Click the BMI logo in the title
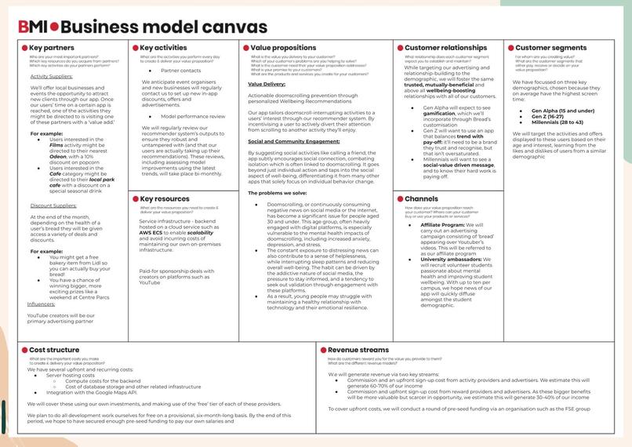pos(33,27)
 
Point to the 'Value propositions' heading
pos(283,48)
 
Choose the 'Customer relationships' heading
pos(445,48)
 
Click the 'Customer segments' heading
pos(550,48)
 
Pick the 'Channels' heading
pos(421,199)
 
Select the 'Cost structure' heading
pos(54,350)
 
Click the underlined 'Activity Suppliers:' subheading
pos(51,76)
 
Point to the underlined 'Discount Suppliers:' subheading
pos(53,205)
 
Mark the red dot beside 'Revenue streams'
pos(321,350)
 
